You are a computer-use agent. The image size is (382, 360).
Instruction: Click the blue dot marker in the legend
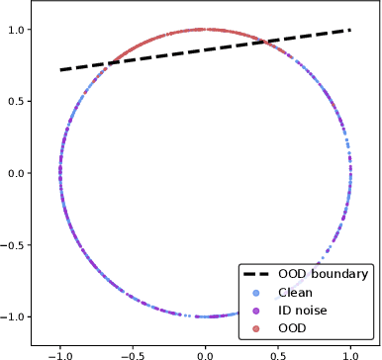coord(257,293)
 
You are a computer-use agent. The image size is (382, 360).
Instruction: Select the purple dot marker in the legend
coord(257,310)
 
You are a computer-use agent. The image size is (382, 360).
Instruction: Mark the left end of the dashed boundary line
coord(60,70)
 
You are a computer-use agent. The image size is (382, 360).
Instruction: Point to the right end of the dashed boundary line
coord(349,30)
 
